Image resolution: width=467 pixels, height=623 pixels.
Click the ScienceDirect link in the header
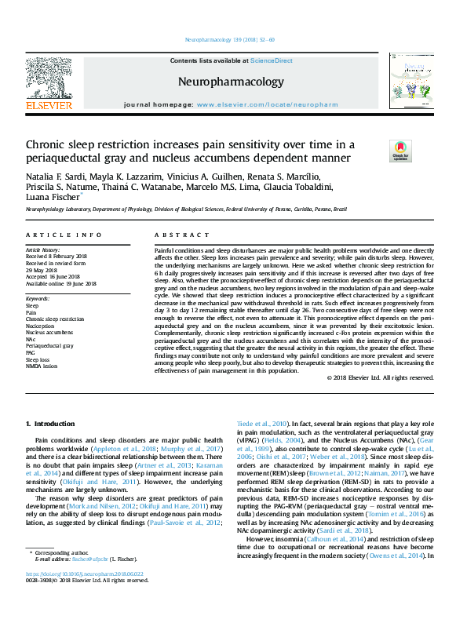point(272,60)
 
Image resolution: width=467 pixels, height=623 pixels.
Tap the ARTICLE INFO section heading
point(63,235)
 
